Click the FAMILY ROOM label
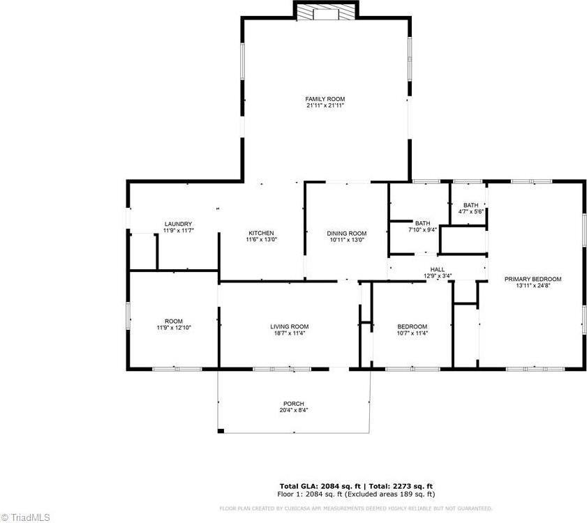[325, 99]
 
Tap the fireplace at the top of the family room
[325, 12]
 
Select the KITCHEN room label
[261, 233]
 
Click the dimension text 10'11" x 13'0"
[347, 240]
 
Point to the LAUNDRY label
[178, 224]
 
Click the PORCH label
[293, 404]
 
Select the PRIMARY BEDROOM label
[533, 279]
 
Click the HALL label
[438, 269]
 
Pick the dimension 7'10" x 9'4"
[423, 229]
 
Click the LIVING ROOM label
[290, 326]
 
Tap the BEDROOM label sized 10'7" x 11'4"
[412, 326]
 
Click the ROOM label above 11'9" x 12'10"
[174, 321]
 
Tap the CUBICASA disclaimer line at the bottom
[356, 508]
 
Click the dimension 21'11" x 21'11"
[325, 106]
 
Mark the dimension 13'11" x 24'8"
[533, 286]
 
